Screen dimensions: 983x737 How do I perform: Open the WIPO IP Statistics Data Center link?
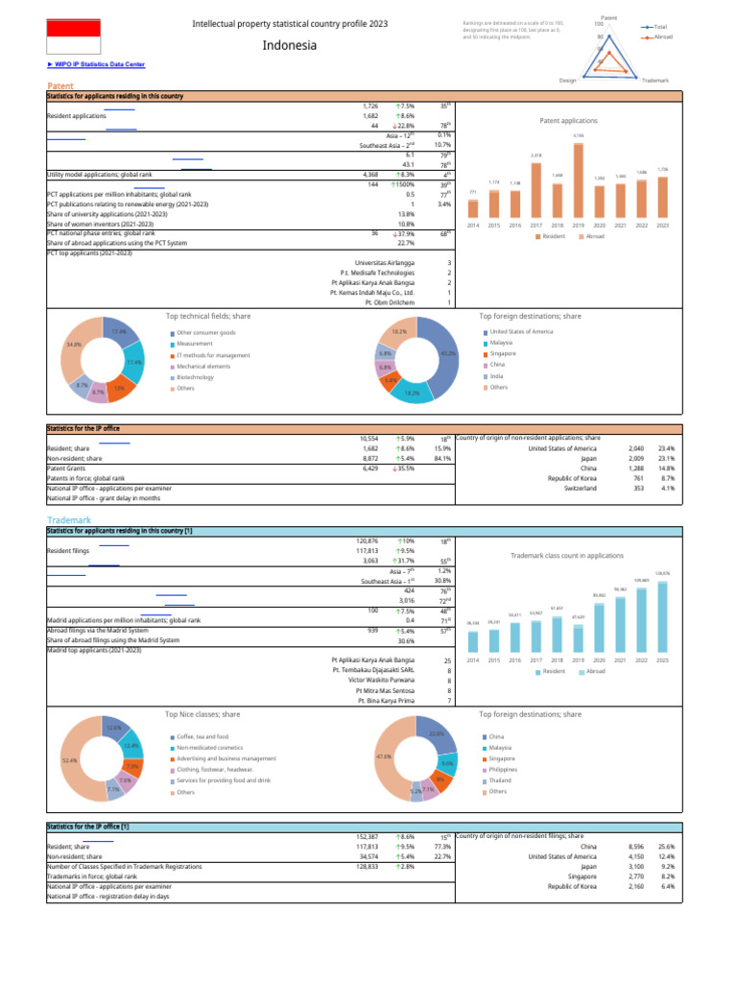coord(96,64)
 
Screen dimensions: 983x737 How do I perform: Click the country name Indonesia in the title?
coord(289,45)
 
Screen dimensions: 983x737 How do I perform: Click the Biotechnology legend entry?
coord(195,378)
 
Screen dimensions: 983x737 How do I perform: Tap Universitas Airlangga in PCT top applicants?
coord(385,262)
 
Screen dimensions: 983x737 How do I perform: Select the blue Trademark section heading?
coord(69,519)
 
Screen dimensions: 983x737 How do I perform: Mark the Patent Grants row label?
coord(71,468)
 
